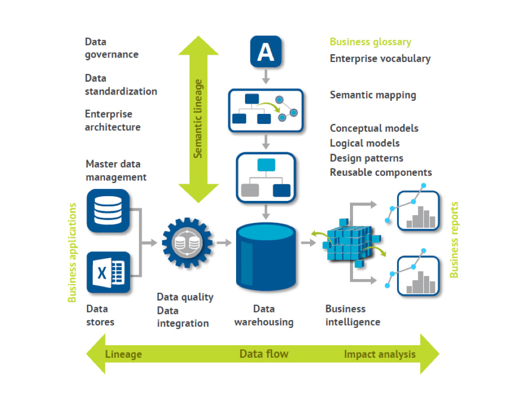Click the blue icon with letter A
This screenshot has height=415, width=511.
point(265,52)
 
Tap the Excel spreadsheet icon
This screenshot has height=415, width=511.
point(108,272)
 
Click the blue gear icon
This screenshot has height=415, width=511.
point(187,243)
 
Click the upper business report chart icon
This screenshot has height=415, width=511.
point(417,210)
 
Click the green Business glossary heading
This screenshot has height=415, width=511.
point(370,42)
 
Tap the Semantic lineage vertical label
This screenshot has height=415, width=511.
point(198,119)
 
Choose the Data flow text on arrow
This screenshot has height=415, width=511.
point(264,354)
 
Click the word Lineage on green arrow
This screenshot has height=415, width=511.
point(123,354)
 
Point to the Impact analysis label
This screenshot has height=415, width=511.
point(379,354)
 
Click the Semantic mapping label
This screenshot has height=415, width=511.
point(372,95)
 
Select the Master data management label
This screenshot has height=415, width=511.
point(116,171)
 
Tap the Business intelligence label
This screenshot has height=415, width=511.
point(352,315)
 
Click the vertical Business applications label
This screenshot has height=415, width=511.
point(72,253)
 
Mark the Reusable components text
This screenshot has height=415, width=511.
point(380,172)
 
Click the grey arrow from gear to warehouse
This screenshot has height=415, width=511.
point(224,243)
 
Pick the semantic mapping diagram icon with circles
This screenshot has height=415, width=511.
point(266,110)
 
